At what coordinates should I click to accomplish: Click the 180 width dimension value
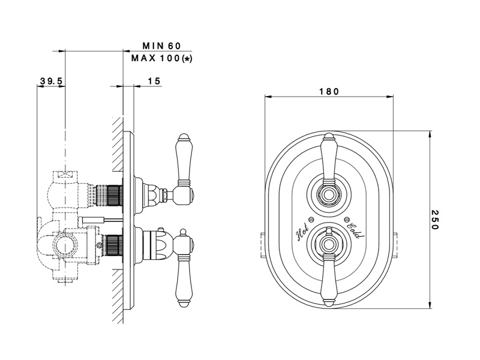[328, 92]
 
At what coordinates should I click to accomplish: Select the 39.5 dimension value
[52, 80]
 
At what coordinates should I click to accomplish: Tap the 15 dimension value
[153, 80]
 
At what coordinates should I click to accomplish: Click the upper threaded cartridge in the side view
[111, 194]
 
